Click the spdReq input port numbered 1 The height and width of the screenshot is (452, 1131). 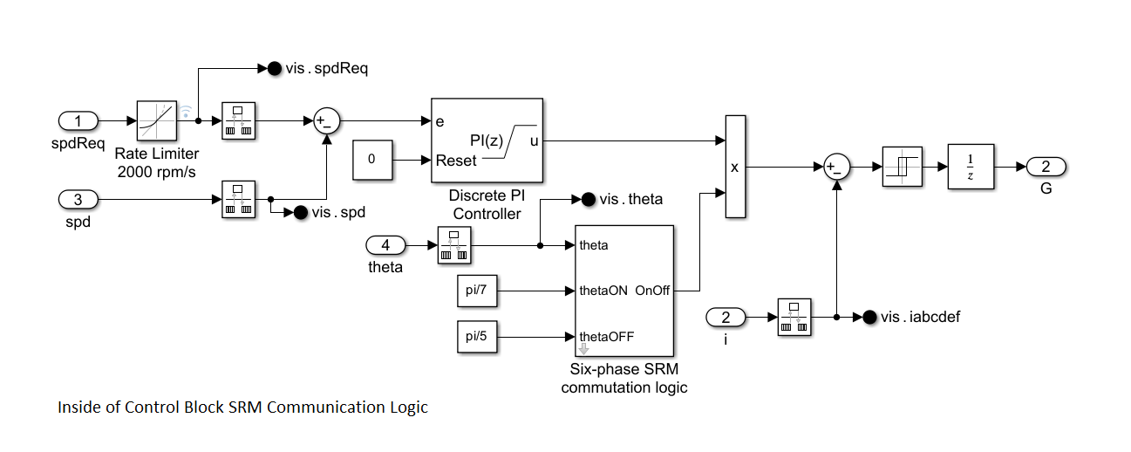pyautogui.click(x=78, y=121)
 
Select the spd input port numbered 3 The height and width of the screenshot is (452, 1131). pyautogui.click(x=78, y=200)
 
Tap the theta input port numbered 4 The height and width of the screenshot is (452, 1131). pyautogui.click(x=385, y=245)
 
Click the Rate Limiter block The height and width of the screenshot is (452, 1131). pyautogui.click(x=157, y=121)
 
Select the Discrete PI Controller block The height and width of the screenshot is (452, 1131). pyautogui.click(x=487, y=140)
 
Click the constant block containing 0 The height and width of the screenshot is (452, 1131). pyautogui.click(x=372, y=161)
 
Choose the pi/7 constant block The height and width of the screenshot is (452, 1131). pyautogui.click(x=477, y=291)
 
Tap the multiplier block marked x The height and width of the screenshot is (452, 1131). pyautogui.click(x=735, y=166)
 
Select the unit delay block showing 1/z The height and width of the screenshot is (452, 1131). pyautogui.click(x=971, y=167)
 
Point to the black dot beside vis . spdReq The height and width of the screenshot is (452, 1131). pyautogui.click(x=273, y=68)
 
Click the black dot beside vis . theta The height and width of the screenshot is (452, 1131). pyautogui.click(x=588, y=200)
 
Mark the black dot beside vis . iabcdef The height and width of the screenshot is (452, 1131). pyautogui.click(x=869, y=318)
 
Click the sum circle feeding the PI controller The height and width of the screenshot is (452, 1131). pyautogui.click(x=326, y=121)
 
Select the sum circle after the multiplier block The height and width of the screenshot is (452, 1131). pyautogui.click(x=836, y=167)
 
